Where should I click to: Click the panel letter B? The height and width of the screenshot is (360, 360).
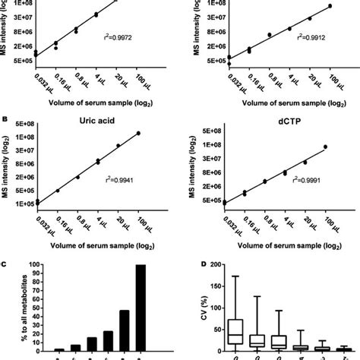click(x=5, y=119)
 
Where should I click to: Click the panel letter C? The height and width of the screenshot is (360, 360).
click(x=5, y=264)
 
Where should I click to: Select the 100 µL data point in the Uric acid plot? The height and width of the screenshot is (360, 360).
click(x=138, y=133)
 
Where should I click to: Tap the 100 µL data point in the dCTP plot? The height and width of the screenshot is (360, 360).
click(x=325, y=147)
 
